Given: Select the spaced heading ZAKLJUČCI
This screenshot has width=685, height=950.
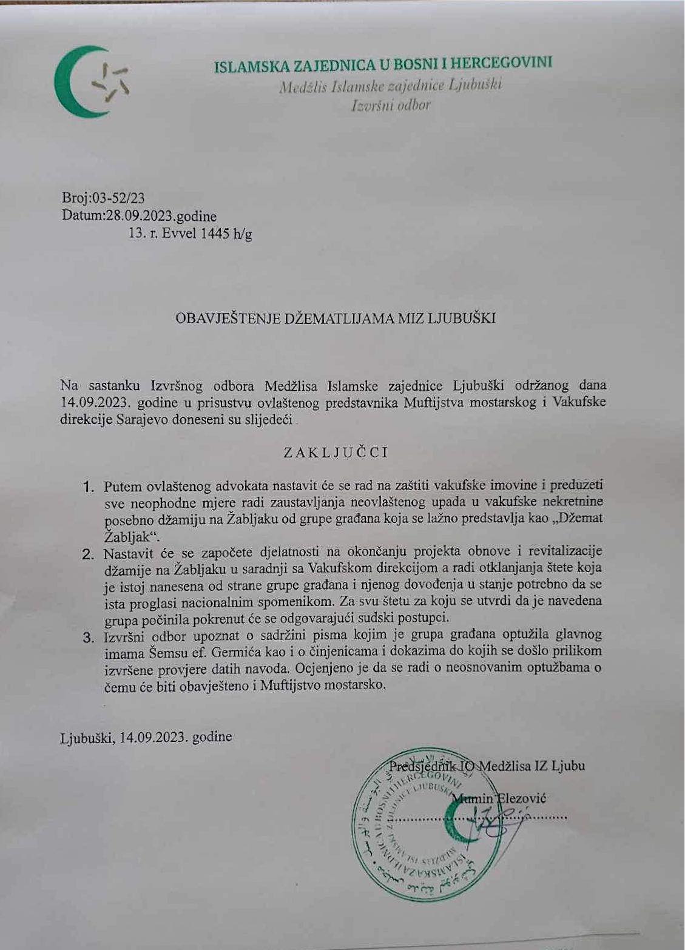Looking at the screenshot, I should coord(336,453).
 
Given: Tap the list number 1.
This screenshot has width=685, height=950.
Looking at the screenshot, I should coord(89,487).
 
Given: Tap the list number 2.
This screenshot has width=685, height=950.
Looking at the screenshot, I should coord(89,553).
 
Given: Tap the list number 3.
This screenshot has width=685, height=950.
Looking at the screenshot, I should coord(89,637).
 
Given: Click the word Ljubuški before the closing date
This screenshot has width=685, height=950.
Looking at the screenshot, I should coord(84,737).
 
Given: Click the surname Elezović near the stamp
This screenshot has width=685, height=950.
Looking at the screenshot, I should coord(522,798).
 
